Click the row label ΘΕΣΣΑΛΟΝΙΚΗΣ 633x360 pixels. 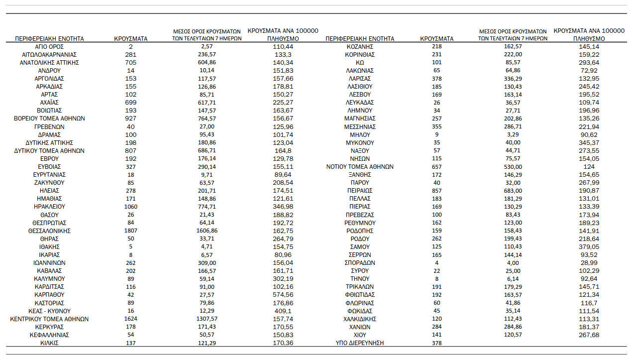[x=49, y=231]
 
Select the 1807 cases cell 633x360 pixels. [x=130, y=231]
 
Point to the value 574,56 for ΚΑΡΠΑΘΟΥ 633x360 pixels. [x=283, y=295]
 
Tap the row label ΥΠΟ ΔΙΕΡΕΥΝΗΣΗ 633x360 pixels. [x=360, y=343]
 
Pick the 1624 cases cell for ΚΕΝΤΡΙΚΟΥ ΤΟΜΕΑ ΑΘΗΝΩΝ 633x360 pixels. [x=130, y=319]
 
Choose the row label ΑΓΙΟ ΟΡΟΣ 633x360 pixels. [x=49, y=46]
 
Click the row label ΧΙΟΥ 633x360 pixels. [x=360, y=335]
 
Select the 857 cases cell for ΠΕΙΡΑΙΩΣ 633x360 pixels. [x=436, y=191]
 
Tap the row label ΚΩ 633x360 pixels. [x=360, y=62]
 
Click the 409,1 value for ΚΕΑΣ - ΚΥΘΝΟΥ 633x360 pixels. [x=283, y=311]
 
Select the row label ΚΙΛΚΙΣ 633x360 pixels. [x=49, y=343]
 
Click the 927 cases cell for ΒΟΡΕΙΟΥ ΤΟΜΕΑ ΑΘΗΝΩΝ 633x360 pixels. [x=130, y=119]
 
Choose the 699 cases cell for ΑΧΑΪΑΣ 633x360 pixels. [x=130, y=103]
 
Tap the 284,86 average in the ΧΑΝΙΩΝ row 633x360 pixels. [x=513, y=327]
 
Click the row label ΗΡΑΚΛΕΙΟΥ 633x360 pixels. [x=49, y=207]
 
